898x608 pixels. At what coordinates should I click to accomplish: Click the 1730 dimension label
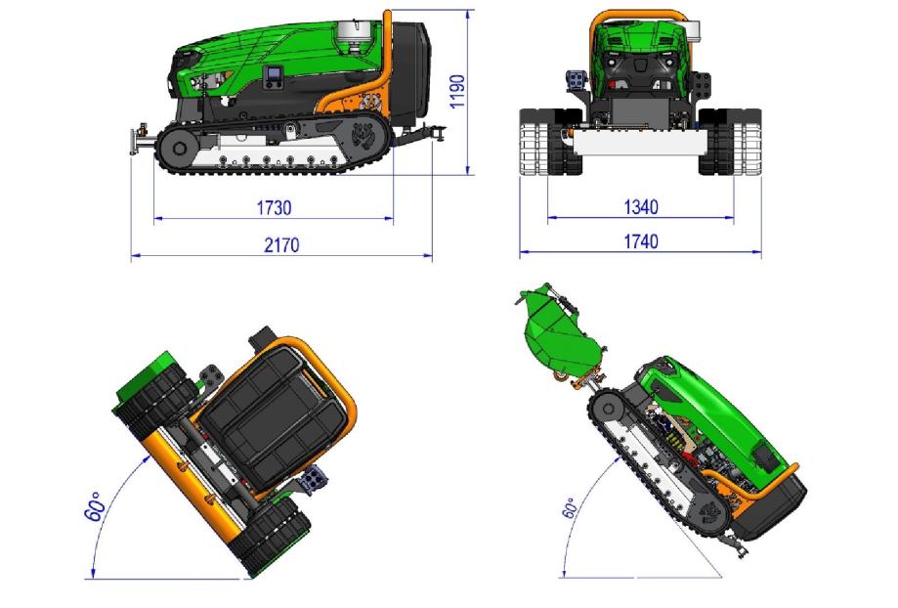[x=274, y=207]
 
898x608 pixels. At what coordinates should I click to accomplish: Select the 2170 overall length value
[x=281, y=245]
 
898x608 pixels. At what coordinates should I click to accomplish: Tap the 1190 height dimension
[x=457, y=91]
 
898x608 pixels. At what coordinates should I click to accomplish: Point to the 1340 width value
[x=640, y=207]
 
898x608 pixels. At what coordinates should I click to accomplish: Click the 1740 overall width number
[x=640, y=241]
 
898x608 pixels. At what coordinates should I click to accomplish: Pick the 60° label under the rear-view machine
[x=95, y=506]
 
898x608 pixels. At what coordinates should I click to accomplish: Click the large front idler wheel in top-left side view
[x=179, y=149]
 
